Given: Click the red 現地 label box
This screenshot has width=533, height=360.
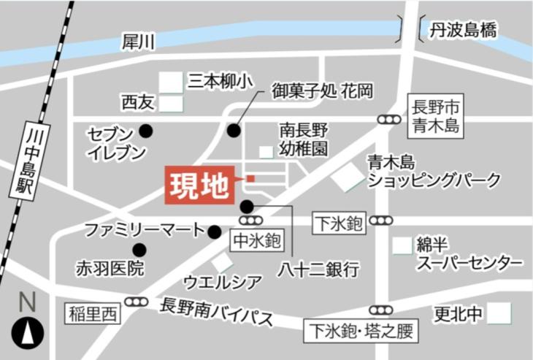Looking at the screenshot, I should tap(199, 187).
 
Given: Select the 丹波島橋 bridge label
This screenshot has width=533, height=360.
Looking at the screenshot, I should tap(463, 31).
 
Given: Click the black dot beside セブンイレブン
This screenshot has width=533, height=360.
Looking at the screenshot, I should tap(146, 131).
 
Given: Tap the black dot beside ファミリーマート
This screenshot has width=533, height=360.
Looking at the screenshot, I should tap(214, 232).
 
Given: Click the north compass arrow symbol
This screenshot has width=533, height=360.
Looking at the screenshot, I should tap(27, 334).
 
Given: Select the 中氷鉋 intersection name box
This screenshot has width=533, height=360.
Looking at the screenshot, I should tap(256, 239).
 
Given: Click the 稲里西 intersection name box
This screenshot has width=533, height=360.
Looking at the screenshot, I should tap(93, 313).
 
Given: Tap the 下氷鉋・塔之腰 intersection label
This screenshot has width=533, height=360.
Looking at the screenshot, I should tap(361, 332).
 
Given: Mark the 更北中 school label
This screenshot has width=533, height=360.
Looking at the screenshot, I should tap(459, 315).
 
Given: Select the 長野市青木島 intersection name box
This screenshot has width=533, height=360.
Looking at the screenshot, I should tap(434, 115).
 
